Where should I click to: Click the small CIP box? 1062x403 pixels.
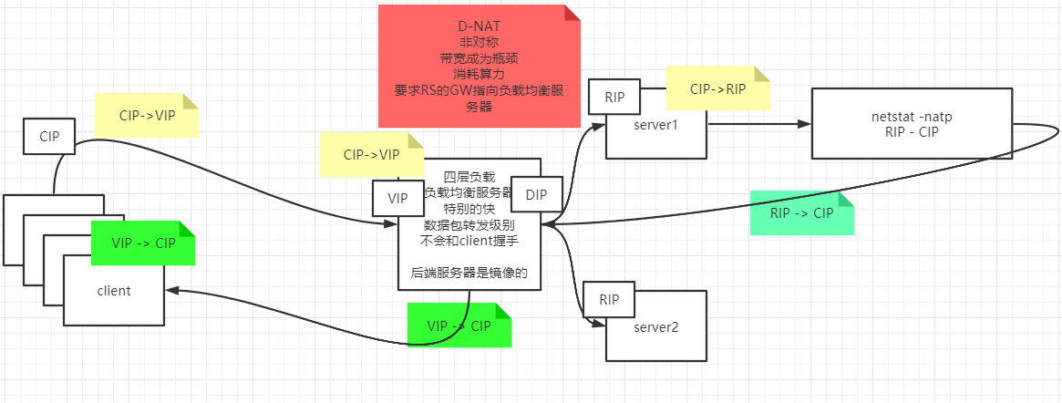[48, 137]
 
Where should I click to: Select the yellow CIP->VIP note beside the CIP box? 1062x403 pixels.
[146, 116]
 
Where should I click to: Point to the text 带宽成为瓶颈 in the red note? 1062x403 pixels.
[479, 58]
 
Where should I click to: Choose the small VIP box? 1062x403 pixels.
[398, 198]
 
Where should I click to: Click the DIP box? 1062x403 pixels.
[537, 194]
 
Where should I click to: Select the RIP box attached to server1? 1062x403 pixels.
[613, 97]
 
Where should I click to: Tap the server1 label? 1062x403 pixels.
[655, 123]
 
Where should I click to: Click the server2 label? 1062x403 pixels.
[655, 325]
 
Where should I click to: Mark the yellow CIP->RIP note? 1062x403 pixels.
[717, 88]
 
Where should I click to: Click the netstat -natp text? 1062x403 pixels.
[911, 117]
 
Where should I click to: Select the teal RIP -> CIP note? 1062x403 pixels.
[801, 213]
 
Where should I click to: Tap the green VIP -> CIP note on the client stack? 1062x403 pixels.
[143, 243]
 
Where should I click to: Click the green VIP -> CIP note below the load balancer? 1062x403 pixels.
[459, 325]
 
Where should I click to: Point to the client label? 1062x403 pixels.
[114, 291]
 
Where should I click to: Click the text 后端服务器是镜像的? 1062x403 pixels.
[469, 273]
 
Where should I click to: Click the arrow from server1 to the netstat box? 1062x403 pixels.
[757, 124]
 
